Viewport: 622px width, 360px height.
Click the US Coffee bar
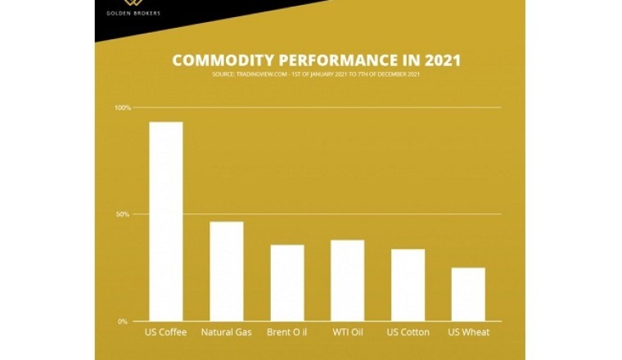pyautogui.click(x=165, y=221)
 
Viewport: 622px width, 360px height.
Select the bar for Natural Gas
pyautogui.click(x=226, y=271)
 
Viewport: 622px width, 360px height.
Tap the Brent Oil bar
pyautogui.click(x=287, y=282)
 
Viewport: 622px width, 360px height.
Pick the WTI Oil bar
pyautogui.click(x=348, y=280)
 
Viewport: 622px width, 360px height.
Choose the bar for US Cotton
pyautogui.click(x=408, y=285)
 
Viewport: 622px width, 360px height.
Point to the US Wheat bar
pyautogui.click(x=468, y=294)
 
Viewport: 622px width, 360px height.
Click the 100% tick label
pyautogui.click(x=123, y=108)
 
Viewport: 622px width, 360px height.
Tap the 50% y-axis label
pyautogui.click(x=123, y=214)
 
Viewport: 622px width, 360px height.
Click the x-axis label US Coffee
pyautogui.click(x=165, y=332)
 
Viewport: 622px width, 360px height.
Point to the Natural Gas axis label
pyautogui.click(x=226, y=332)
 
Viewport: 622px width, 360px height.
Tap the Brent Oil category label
pyautogui.click(x=287, y=332)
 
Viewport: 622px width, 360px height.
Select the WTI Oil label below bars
pyautogui.click(x=348, y=332)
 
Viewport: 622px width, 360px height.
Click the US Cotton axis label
pyautogui.click(x=408, y=332)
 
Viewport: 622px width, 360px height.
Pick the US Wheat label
pyautogui.click(x=469, y=332)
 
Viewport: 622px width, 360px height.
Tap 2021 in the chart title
pyautogui.click(x=439, y=61)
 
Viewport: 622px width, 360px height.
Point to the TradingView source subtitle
pyautogui.click(x=316, y=74)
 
